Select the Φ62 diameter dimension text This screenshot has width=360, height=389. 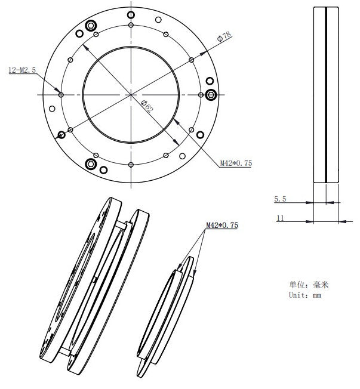coord(147,107)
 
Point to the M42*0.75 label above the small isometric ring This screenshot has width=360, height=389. coord(221,226)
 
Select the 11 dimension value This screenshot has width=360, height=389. coord(279,218)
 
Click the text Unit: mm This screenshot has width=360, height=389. coord(304,295)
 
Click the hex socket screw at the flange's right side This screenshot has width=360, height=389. coord(211,94)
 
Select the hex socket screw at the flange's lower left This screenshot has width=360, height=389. coord(91,163)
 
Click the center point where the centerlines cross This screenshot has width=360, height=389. coord(130,94)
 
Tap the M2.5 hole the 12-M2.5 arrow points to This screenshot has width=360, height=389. coord(61,94)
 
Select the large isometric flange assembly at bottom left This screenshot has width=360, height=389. coord(96,286)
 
